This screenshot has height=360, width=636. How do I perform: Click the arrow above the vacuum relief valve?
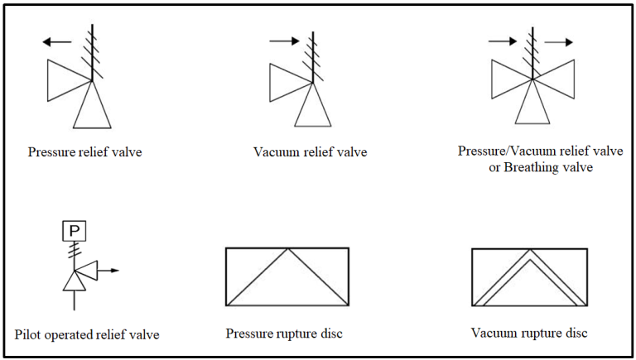282,39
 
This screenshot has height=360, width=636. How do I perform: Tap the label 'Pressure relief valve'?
84,152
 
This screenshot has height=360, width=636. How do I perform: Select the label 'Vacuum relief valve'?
310,152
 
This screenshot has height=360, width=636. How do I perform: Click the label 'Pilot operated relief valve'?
87,335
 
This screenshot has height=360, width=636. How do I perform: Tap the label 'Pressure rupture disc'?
284,334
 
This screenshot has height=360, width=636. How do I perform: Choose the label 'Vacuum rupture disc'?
529,333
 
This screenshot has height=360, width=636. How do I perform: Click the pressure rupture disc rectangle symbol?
287,276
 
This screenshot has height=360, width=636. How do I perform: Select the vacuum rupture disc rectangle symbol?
529,277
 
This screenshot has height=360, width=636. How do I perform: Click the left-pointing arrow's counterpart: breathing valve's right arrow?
557,41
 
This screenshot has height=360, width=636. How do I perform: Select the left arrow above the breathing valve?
501,40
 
